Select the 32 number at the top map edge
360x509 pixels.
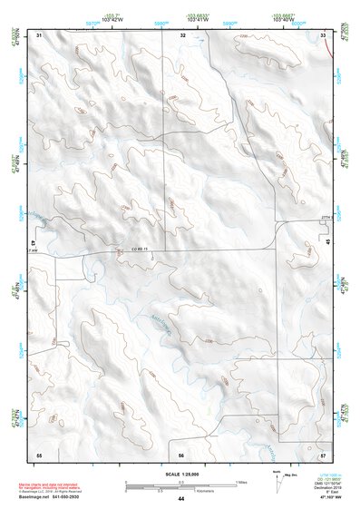point(182,34)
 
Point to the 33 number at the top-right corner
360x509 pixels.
point(324,34)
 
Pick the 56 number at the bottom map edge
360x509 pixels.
point(181,455)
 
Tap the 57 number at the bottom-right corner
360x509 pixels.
point(324,454)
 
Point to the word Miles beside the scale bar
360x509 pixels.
point(241,482)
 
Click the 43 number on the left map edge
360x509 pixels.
point(34,244)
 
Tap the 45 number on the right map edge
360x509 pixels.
point(327,243)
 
